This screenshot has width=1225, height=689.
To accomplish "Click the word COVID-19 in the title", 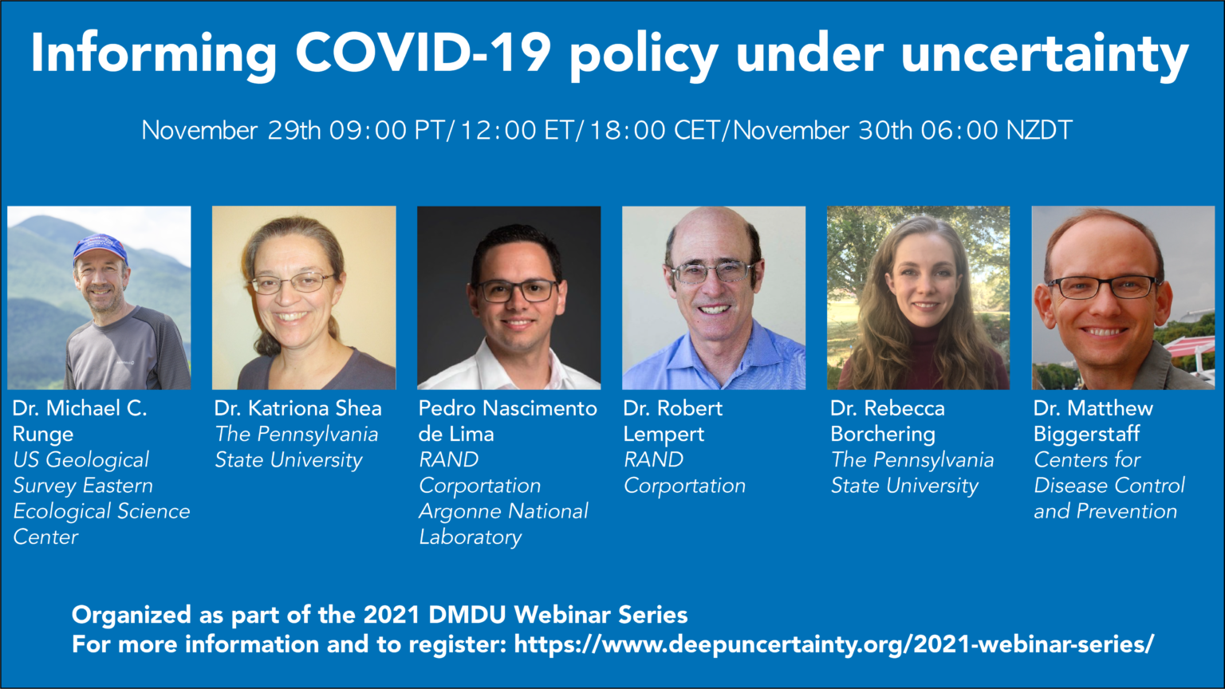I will coord(423,54).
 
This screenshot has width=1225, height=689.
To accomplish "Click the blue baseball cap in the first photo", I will coord(100,248).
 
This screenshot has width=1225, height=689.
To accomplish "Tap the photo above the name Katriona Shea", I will coord(304,297).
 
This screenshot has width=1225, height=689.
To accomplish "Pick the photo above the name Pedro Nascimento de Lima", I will coord(509,297).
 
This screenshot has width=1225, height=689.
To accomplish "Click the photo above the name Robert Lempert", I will coord(714,297).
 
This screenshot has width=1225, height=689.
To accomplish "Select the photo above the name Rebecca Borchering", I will coord(919,297).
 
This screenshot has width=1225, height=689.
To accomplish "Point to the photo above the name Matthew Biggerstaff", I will coord(1123,297).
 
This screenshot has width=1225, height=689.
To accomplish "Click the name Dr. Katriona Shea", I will coord(297,408).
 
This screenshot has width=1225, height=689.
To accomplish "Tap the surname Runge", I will coord(43,435).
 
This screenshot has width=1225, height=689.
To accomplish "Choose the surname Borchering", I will coord(883,435).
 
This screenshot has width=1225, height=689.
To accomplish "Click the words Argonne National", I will coord(504,511).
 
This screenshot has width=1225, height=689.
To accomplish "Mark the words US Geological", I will coord(81,460).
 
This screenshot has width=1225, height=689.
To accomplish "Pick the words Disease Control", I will coord(1109,486).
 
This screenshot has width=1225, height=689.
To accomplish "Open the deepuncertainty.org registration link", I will coord(833,644).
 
